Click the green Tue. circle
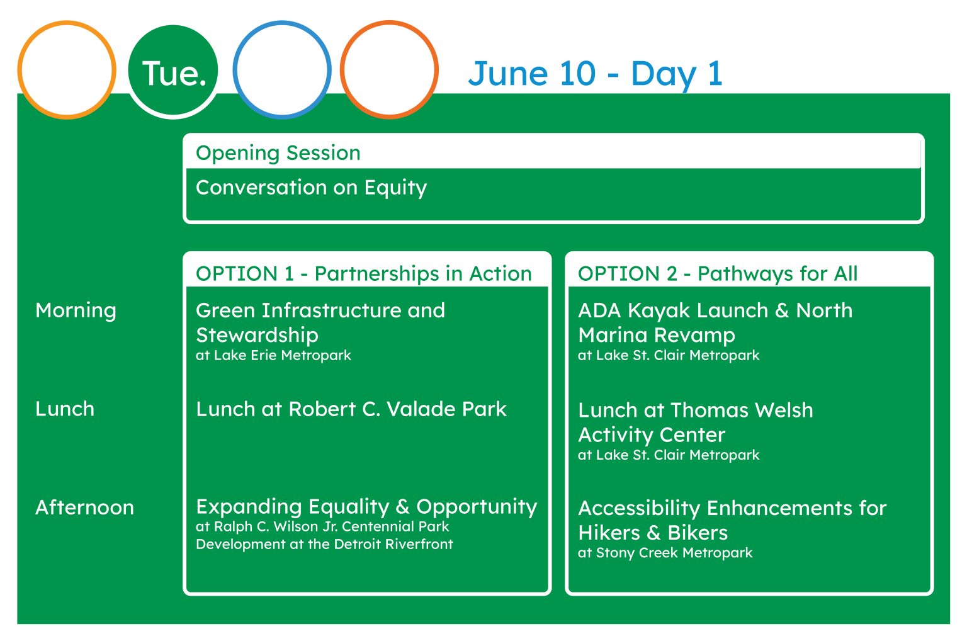(173, 71)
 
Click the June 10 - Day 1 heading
(596, 74)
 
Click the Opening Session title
(278, 153)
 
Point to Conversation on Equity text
(311, 188)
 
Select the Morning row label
(76, 311)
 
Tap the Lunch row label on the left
(65, 409)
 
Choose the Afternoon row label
(84, 507)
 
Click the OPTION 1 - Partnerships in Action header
(363, 274)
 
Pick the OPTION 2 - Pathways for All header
(718, 274)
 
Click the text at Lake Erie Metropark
(273, 355)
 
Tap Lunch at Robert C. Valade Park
(351, 409)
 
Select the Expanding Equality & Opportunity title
(366, 507)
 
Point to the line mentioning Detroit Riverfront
(324, 544)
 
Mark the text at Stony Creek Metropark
(665, 553)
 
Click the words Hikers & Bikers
(653, 533)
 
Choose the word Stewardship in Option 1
(257, 336)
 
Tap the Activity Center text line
(652, 435)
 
